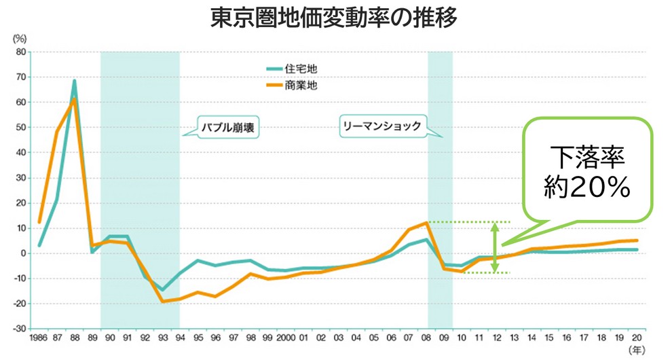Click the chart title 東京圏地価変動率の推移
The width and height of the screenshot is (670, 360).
[334, 17]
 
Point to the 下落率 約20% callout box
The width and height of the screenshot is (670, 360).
[589, 170]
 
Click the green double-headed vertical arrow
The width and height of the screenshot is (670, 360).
[495, 247]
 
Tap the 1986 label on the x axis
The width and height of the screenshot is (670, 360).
[38, 337]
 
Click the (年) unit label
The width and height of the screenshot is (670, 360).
[637, 350]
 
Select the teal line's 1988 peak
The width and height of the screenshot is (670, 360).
[75, 81]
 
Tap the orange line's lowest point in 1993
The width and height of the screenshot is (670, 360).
[163, 301]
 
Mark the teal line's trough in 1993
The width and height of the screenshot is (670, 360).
[162, 289]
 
